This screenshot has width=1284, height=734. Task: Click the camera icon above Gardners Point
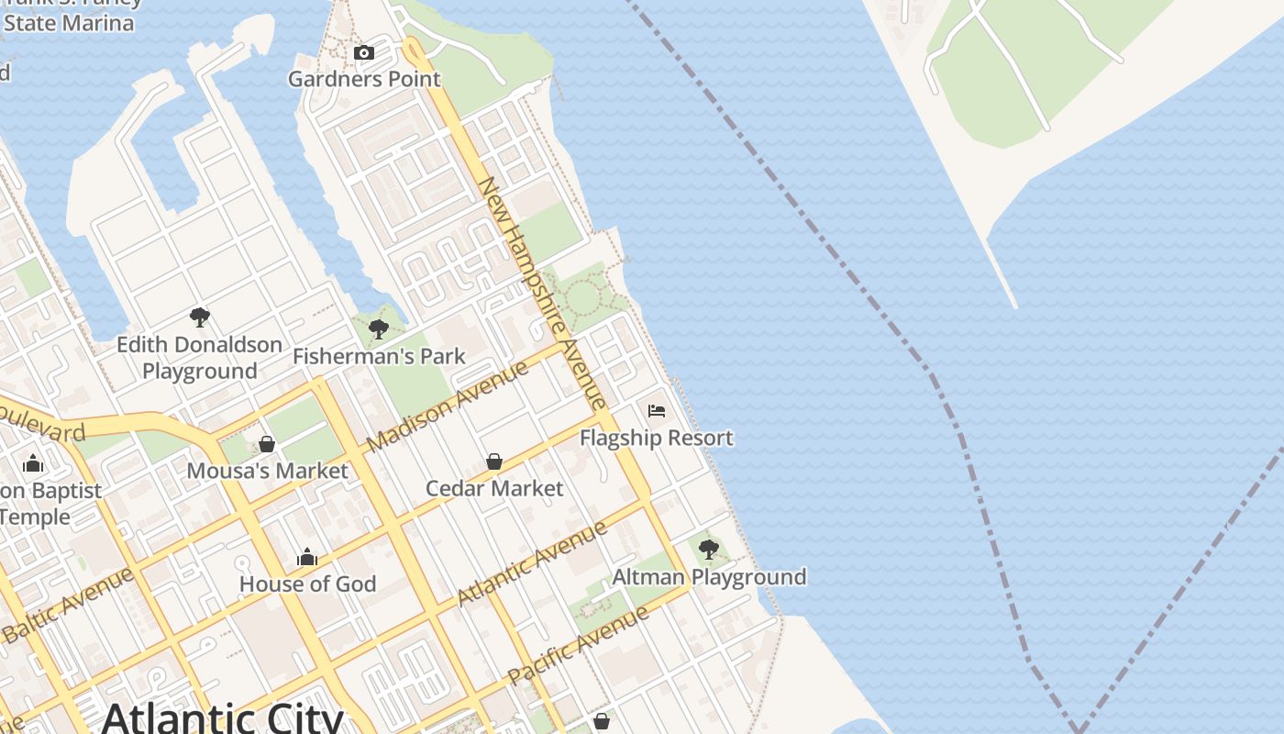tap(364, 53)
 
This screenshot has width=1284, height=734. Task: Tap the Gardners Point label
tap(364, 79)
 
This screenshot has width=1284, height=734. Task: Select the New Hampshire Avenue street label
tap(542, 293)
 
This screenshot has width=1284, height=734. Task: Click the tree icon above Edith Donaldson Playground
tap(199, 318)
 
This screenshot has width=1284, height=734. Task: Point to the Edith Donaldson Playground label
tap(199, 358)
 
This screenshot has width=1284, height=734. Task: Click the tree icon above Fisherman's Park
tap(378, 329)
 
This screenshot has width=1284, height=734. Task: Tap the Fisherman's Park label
tap(379, 356)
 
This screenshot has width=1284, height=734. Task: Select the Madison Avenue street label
tap(448, 406)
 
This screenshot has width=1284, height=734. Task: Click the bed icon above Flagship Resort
tap(657, 410)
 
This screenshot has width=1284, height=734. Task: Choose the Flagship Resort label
tap(657, 438)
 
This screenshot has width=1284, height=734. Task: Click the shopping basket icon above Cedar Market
tap(494, 461)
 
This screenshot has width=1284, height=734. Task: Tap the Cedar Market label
tap(494, 488)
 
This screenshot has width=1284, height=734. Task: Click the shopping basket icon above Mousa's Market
tap(267, 444)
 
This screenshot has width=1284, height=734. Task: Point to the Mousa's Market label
tap(267, 472)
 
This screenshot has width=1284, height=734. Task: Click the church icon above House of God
tap(307, 557)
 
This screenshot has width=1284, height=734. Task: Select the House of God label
tap(307, 584)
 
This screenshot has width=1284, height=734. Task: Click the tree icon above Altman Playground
tap(708, 550)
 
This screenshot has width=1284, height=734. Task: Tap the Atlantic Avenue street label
tap(532, 562)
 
